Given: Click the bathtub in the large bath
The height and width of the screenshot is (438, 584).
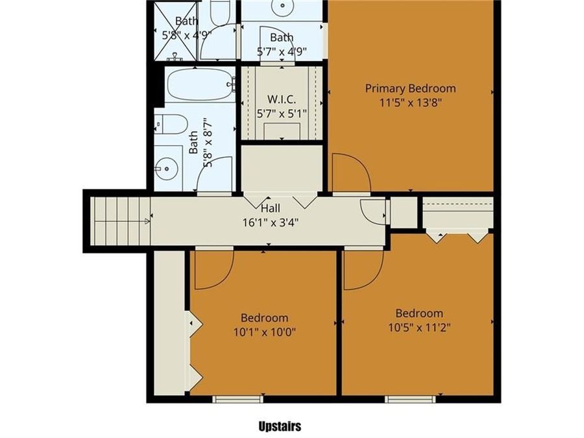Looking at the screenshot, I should pos(199,85).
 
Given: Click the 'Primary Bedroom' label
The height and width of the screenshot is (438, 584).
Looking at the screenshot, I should pos(410,88).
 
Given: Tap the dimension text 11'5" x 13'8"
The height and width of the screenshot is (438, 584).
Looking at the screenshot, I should pos(410,102).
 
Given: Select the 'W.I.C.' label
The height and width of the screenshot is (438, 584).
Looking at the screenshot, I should pos(282,99).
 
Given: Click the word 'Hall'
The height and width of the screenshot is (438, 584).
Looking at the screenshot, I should pos(270,208).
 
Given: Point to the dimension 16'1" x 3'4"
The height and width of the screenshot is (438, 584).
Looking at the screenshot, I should pos(270,221).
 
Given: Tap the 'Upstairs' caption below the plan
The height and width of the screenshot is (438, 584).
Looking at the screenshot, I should pos(280,426).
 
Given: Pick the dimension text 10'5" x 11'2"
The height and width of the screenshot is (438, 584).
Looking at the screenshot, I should pos(419,326).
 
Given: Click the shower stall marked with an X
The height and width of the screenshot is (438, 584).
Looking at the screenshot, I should pos(173,31).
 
